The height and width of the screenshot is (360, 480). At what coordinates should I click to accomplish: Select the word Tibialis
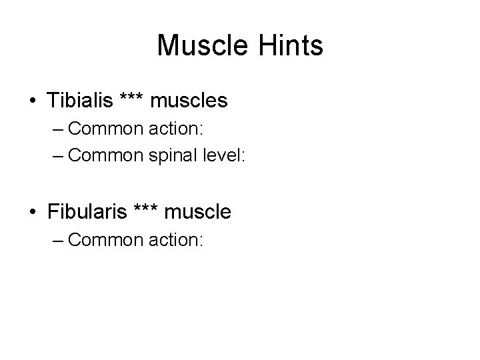(80, 101)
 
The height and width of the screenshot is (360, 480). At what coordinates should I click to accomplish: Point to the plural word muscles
(189, 101)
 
